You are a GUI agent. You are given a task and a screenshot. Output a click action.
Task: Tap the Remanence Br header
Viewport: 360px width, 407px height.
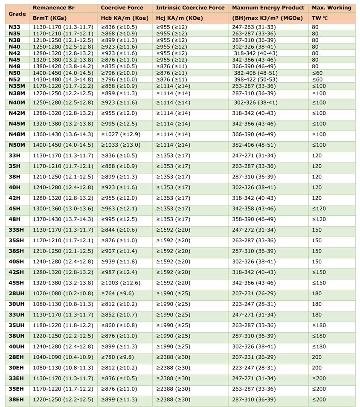[x=53, y=8]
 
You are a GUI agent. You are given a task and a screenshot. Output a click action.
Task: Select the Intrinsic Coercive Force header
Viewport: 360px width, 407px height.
[x=190, y=8]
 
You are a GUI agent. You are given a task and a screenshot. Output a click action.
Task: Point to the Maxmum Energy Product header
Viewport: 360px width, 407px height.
[x=268, y=8]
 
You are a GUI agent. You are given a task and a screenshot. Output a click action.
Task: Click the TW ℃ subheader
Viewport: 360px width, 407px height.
[x=321, y=18]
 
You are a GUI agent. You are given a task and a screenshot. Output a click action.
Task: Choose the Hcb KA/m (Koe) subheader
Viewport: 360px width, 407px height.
[x=125, y=18]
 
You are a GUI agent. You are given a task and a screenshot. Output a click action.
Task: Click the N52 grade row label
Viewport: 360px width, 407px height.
[x=15, y=79]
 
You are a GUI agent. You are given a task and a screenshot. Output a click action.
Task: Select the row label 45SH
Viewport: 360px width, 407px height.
[x=16, y=283]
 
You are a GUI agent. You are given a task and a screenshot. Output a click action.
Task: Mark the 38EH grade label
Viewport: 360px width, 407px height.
[x=16, y=400]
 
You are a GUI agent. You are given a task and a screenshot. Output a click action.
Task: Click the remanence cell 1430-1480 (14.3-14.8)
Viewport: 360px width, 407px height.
[x=63, y=79]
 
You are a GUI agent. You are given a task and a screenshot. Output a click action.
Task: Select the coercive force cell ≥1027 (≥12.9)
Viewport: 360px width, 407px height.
[x=121, y=134]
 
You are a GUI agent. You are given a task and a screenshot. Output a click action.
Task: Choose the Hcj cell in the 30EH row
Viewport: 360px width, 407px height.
[x=173, y=368]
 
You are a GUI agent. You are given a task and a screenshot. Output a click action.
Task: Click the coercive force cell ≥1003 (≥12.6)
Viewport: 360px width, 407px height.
[x=121, y=283]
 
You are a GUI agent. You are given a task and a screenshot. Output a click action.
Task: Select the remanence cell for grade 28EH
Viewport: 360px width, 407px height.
[x=63, y=357]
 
